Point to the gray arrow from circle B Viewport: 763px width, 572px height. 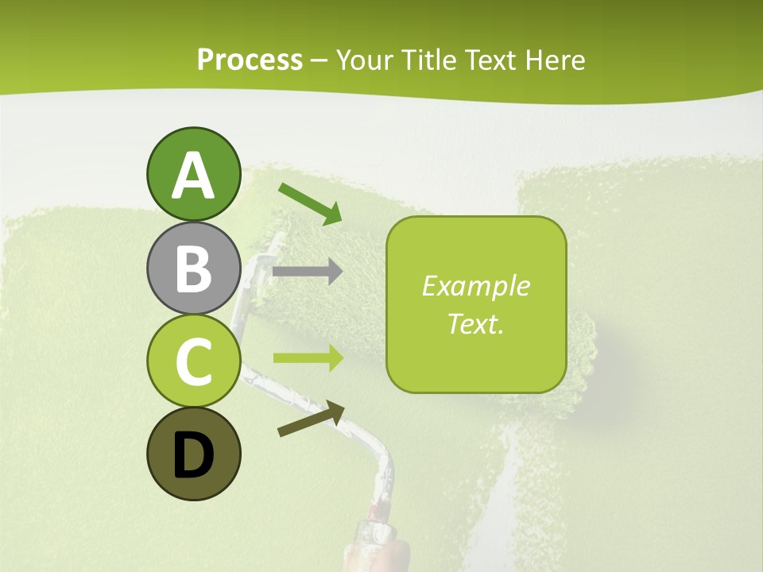tap(307, 272)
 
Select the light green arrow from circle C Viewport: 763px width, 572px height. tap(308, 357)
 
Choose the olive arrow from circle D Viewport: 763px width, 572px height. tap(311, 419)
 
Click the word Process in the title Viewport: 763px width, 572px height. tap(250, 60)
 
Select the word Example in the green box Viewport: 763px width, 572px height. tap(475, 286)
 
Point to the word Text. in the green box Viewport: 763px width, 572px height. tap(475, 323)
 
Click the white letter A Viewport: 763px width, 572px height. tap(193, 176)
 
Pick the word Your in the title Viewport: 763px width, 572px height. tap(363, 60)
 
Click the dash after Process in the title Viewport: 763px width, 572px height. tap(320, 61)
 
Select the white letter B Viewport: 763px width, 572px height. tap(193, 269)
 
